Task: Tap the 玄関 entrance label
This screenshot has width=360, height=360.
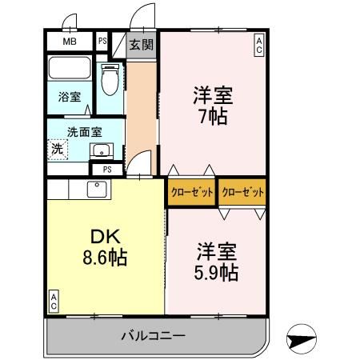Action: tap(142, 43)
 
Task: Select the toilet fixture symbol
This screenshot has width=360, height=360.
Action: tap(110, 79)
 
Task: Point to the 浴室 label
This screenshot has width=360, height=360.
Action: tap(69, 97)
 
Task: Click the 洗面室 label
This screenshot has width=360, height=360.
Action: tap(82, 131)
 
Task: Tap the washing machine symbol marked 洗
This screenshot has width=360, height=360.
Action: tap(58, 148)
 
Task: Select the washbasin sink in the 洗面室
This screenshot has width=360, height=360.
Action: tap(100, 150)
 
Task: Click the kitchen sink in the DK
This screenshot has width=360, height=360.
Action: tap(97, 190)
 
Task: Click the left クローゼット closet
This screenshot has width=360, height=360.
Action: tap(190, 193)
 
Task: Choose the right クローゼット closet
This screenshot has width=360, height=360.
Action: tap(242, 193)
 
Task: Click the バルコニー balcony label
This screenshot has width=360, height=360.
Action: tap(154, 335)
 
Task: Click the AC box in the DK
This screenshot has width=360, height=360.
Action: tap(54, 300)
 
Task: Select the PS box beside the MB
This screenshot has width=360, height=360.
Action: tap(102, 42)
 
